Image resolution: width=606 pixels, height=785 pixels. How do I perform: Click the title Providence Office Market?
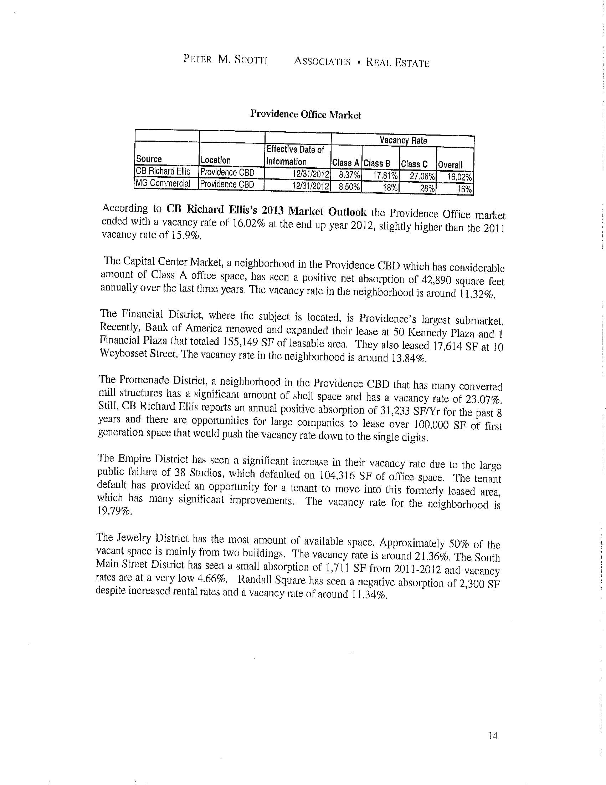coord(305,115)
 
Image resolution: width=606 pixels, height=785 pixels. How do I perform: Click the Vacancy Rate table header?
coord(403,140)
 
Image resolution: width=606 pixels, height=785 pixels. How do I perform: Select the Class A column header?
coord(345,163)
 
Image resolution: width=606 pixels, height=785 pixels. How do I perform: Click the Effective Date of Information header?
coord(295,155)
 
